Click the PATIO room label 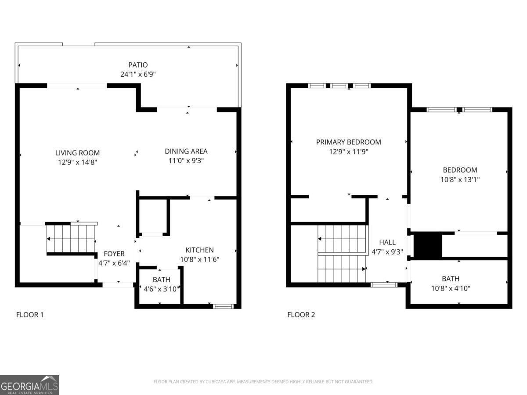click(x=138, y=65)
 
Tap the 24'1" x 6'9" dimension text click(x=138, y=74)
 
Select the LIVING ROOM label click(x=77, y=153)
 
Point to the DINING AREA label click(x=186, y=151)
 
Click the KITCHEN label click(x=199, y=250)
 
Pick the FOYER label click(x=114, y=254)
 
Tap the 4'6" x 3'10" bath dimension click(x=162, y=289)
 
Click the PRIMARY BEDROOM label click(x=348, y=142)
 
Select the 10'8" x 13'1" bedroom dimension click(x=460, y=180)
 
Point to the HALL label click(x=387, y=242)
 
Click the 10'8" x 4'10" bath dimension click(x=451, y=288)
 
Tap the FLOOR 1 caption click(x=30, y=315)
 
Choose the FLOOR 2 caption click(x=301, y=315)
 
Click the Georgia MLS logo click(x=29, y=385)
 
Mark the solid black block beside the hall click(x=428, y=245)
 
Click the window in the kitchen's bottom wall click(x=223, y=306)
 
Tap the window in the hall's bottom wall click(x=384, y=285)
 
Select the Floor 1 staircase click(x=71, y=239)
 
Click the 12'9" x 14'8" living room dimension click(x=77, y=162)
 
